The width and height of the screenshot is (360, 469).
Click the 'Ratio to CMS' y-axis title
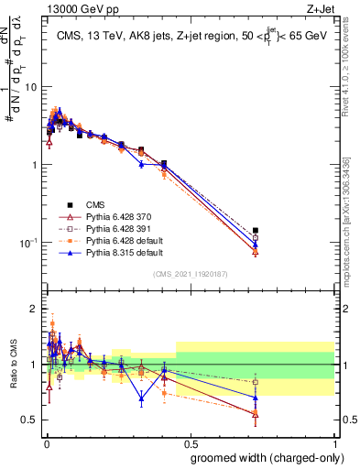[13, 365]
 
